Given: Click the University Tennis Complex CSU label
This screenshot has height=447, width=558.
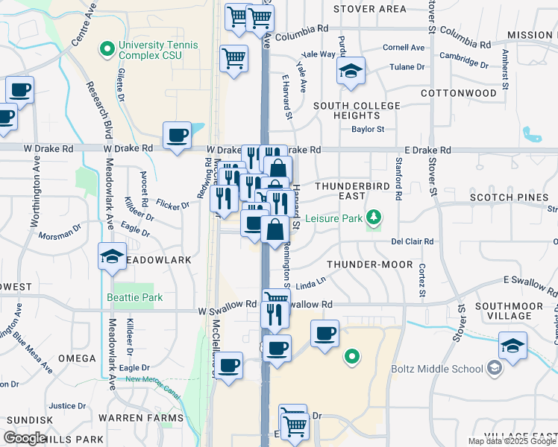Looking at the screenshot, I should tap(157, 50).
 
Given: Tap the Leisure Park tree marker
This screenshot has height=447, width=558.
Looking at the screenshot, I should tap(374, 218).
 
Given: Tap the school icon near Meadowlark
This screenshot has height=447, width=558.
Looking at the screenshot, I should tap(112, 257).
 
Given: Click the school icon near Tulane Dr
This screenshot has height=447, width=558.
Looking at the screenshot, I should tap(351, 71).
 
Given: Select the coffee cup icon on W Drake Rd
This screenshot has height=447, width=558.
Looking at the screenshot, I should tap(178, 136).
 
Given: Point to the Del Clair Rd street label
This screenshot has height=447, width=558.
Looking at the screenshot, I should tap(413, 241).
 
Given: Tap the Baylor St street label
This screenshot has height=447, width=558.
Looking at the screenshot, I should tap(368, 129).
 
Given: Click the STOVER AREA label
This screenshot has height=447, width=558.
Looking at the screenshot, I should tap(370, 9).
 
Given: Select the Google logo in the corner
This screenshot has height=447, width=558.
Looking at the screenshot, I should tap(25, 438).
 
